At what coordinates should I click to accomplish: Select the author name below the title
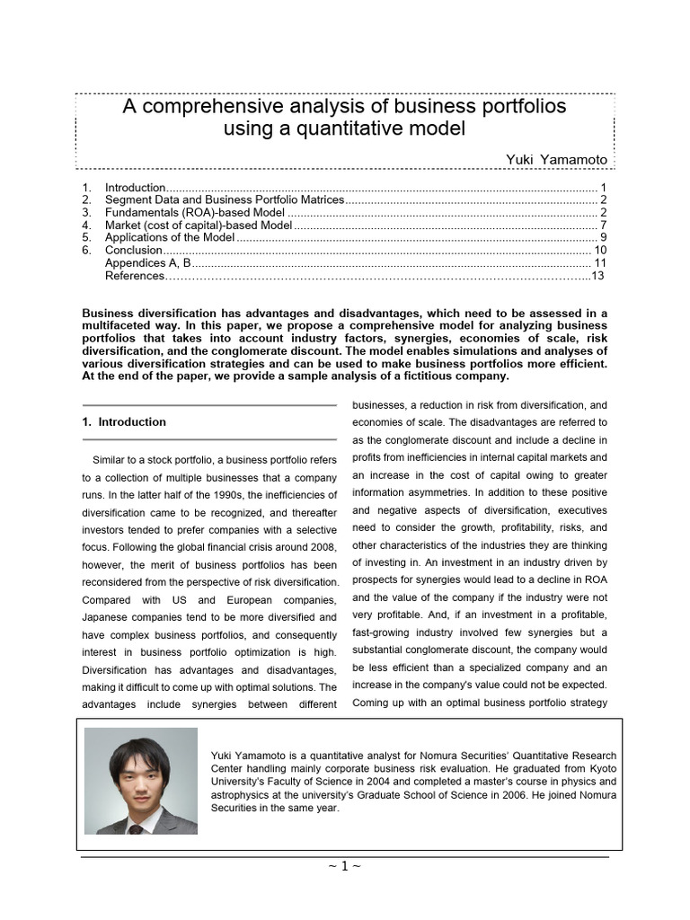click(x=558, y=159)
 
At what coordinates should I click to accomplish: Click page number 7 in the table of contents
click(x=604, y=225)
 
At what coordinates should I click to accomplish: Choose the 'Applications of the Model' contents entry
click(x=170, y=237)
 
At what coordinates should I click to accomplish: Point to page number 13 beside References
click(x=597, y=276)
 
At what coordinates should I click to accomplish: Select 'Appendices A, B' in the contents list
click(x=148, y=262)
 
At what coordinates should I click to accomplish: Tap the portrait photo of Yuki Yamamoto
click(x=140, y=780)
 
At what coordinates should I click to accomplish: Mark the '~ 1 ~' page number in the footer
click(x=345, y=866)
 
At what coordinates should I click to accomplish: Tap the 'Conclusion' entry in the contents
click(x=134, y=250)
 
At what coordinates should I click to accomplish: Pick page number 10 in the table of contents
click(x=600, y=250)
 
